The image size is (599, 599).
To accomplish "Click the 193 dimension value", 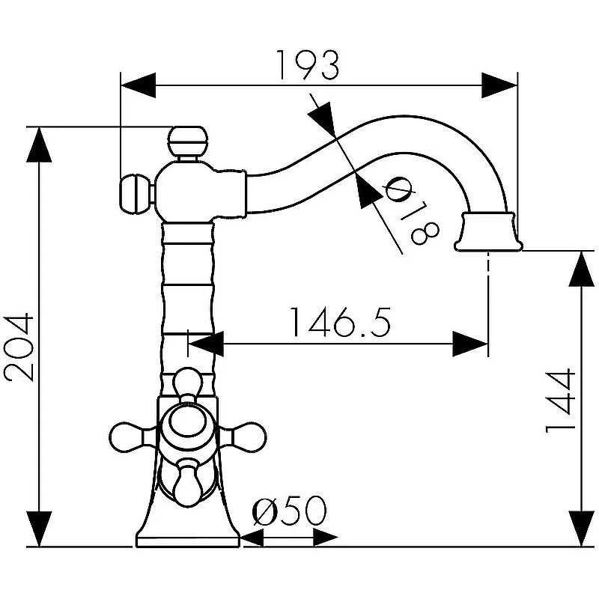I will pos(307,66).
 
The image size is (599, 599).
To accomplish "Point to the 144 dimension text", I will pos(559,401).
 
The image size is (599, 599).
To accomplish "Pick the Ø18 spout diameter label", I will pos(407,213).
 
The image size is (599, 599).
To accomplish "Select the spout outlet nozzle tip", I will pos(490,231).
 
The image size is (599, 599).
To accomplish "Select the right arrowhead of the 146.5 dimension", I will pos(472,345).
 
